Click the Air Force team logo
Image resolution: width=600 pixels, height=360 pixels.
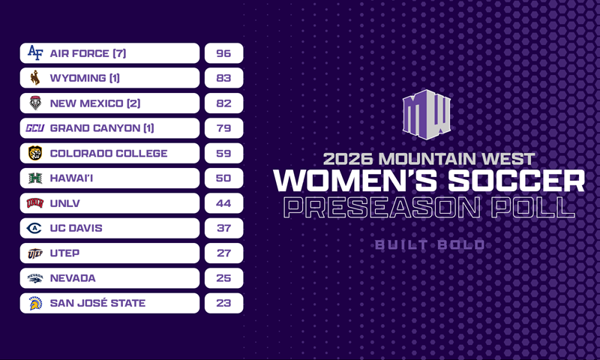pos(35,52)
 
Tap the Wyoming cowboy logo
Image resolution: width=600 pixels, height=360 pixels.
pos(35,78)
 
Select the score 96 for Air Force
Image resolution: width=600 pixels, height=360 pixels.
pos(223,53)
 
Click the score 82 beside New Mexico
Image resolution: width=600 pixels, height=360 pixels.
pos(223,103)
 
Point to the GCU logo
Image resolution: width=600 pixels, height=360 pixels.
pos(35,127)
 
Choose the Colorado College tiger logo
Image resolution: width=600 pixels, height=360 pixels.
pos(35,153)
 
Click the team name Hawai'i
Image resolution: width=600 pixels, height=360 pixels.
pos(71,178)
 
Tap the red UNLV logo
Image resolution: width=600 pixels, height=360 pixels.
pos(35,203)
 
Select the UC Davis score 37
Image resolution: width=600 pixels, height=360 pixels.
pos(223,228)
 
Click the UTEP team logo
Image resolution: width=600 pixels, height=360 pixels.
pos(35,253)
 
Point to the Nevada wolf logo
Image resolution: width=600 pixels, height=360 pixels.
pos(35,278)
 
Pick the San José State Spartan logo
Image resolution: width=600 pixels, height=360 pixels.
pos(35,303)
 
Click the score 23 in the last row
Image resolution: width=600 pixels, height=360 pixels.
pos(223,303)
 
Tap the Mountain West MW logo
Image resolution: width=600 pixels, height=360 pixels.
pos(427,115)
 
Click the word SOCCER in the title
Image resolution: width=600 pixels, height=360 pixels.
pos(516,180)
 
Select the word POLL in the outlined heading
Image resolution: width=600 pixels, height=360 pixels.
pos(533,208)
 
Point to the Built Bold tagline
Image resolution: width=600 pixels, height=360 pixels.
pos(430,244)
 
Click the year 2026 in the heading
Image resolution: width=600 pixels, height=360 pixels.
pos(348,159)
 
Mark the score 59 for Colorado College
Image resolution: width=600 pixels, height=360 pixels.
pos(223,154)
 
